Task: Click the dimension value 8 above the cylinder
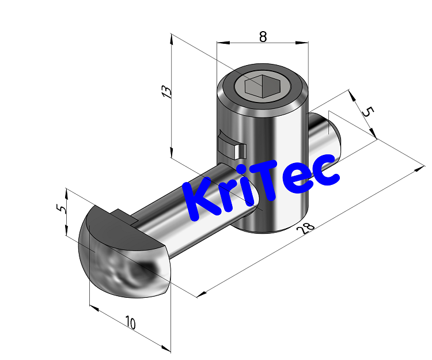pos(263,36)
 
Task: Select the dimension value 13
pos(165,92)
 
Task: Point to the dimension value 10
pos(130,323)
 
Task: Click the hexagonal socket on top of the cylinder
pos(261,87)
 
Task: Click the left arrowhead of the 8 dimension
pos(219,43)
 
